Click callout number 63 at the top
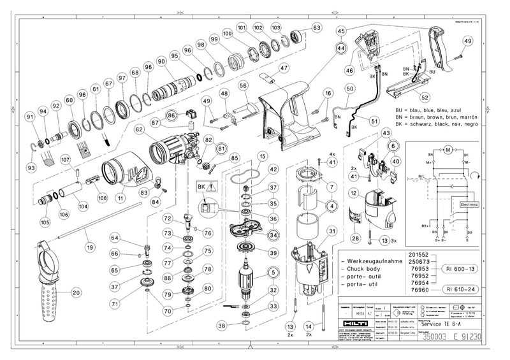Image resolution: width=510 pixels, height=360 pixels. coord(317,27)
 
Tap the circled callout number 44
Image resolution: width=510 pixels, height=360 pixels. coord(342,48)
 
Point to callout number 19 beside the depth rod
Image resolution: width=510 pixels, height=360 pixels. coord(90,246)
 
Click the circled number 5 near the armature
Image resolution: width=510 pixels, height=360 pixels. coord(272,273)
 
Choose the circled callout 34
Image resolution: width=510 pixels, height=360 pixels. coord(273,235)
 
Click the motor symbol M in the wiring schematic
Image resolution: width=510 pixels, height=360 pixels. coord(448,148)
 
